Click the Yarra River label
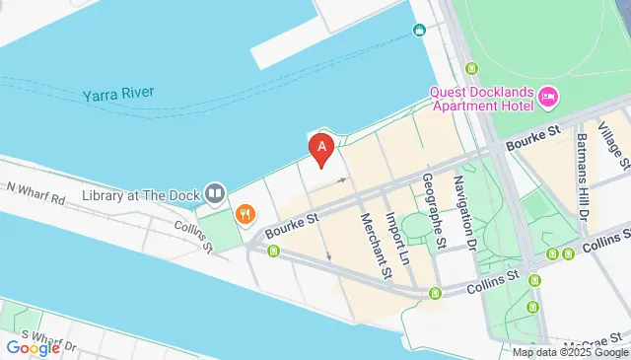click(x=117, y=96)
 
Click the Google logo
click(x=33, y=347)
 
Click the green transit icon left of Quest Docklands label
click(x=471, y=68)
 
